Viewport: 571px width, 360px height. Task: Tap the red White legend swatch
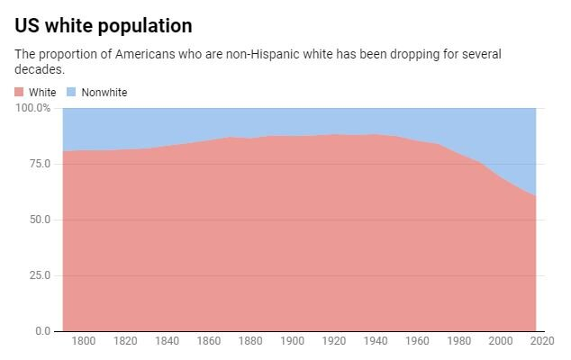point(20,93)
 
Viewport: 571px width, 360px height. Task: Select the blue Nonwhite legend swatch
point(71,93)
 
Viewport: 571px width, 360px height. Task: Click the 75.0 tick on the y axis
point(41,164)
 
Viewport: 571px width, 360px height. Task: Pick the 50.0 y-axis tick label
point(41,220)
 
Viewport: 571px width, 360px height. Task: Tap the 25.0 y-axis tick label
point(41,275)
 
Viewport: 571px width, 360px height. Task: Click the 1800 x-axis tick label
point(84,341)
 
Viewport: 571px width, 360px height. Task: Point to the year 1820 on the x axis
point(125,341)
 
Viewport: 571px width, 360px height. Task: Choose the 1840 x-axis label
point(167,341)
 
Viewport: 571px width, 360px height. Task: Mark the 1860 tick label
point(208,341)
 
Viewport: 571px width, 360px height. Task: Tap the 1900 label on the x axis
point(291,341)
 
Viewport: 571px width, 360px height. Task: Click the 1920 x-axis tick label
point(332,341)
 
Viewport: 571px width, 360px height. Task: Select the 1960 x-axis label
point(416,341)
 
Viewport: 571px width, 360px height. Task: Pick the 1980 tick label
point(458,341)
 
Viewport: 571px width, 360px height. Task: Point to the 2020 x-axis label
point(540,341)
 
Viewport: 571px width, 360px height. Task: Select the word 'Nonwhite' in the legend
point(104,93)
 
